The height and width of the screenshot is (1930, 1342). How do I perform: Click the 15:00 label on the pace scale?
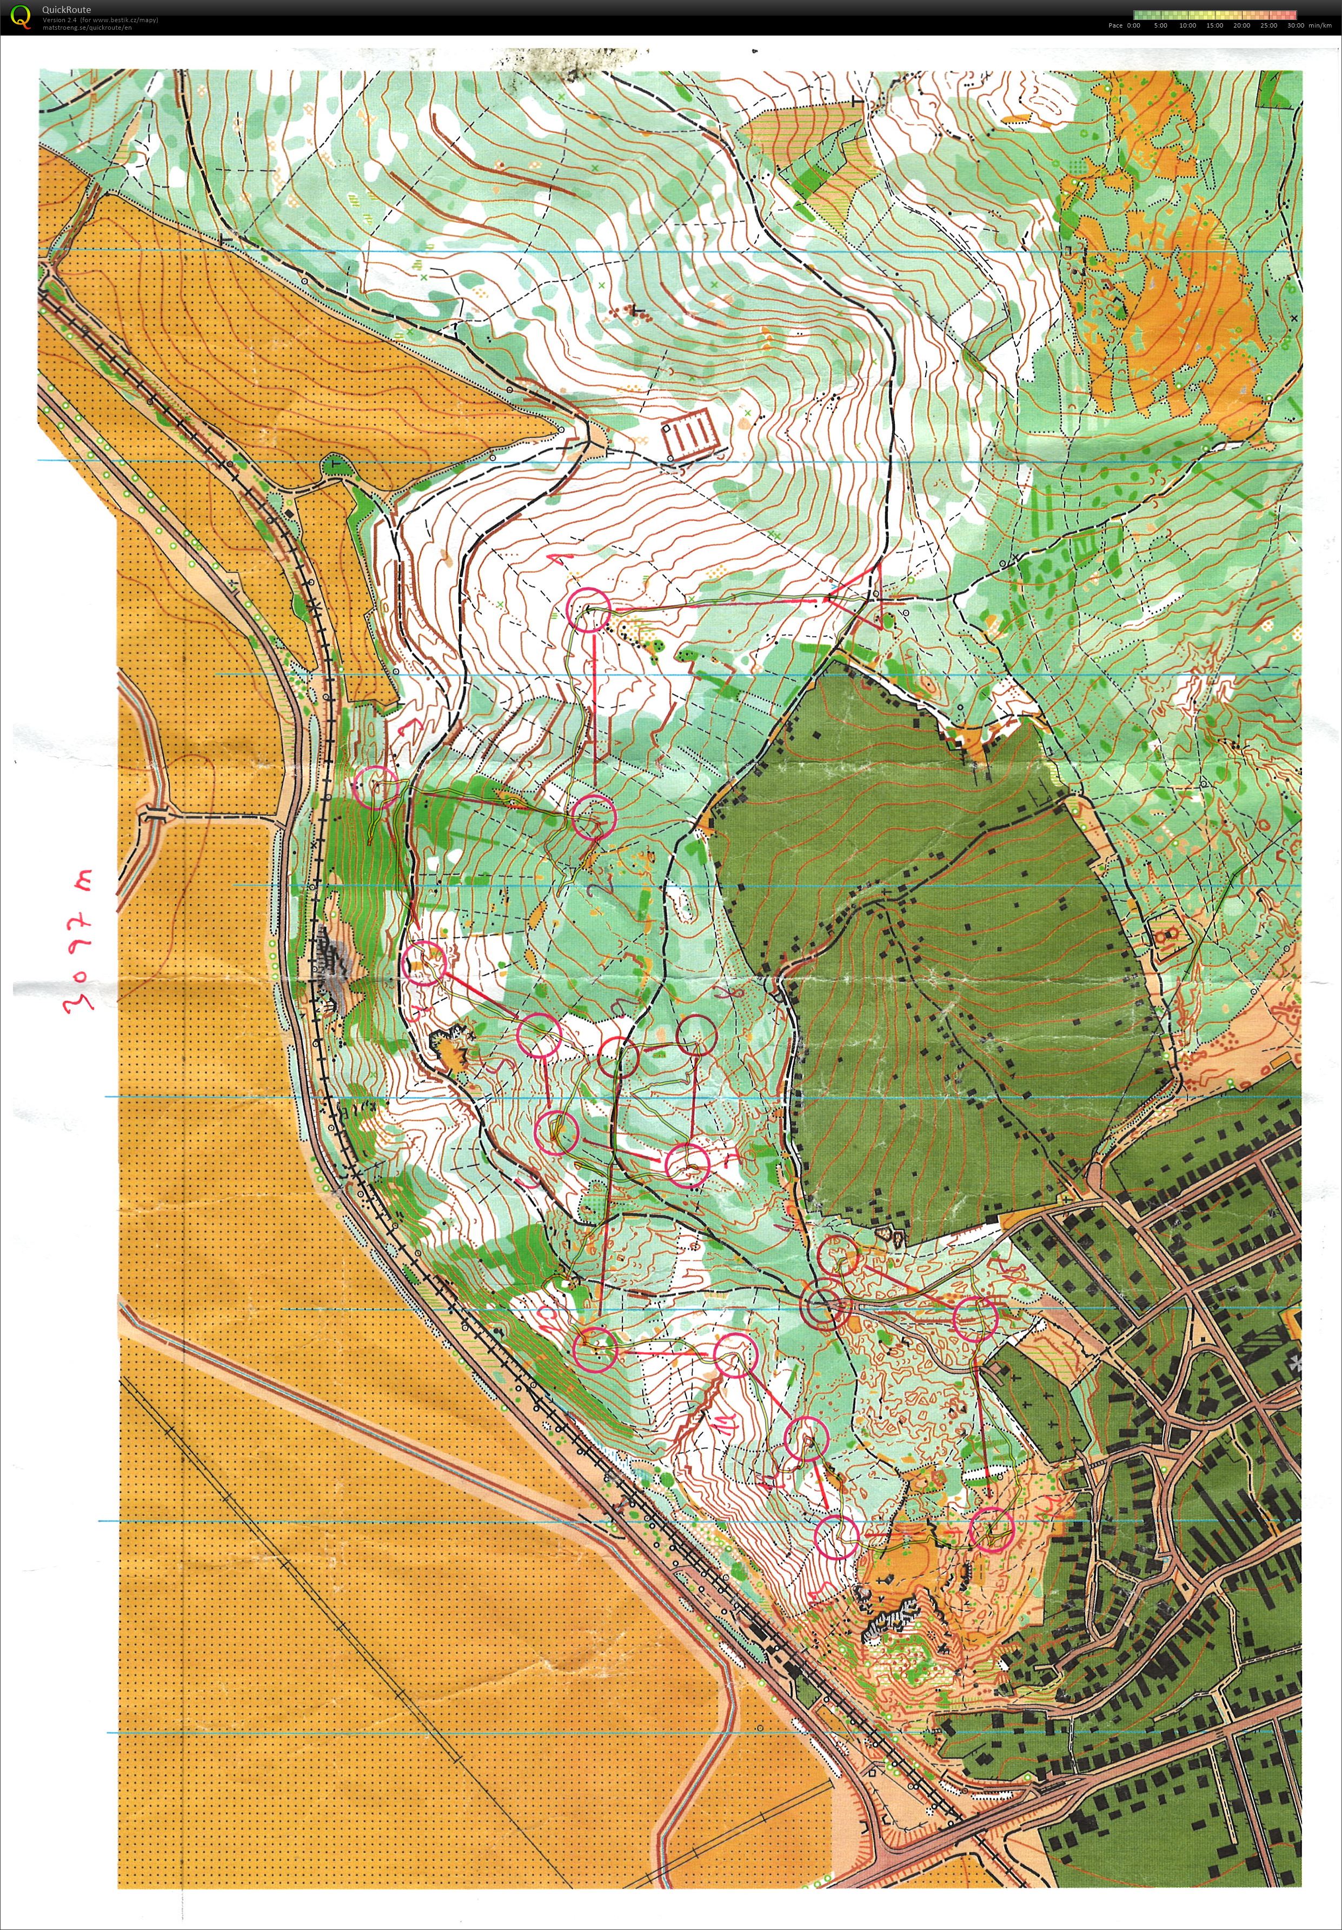click(1214, 25)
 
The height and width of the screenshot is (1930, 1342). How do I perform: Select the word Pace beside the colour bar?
click(1115, 25)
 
